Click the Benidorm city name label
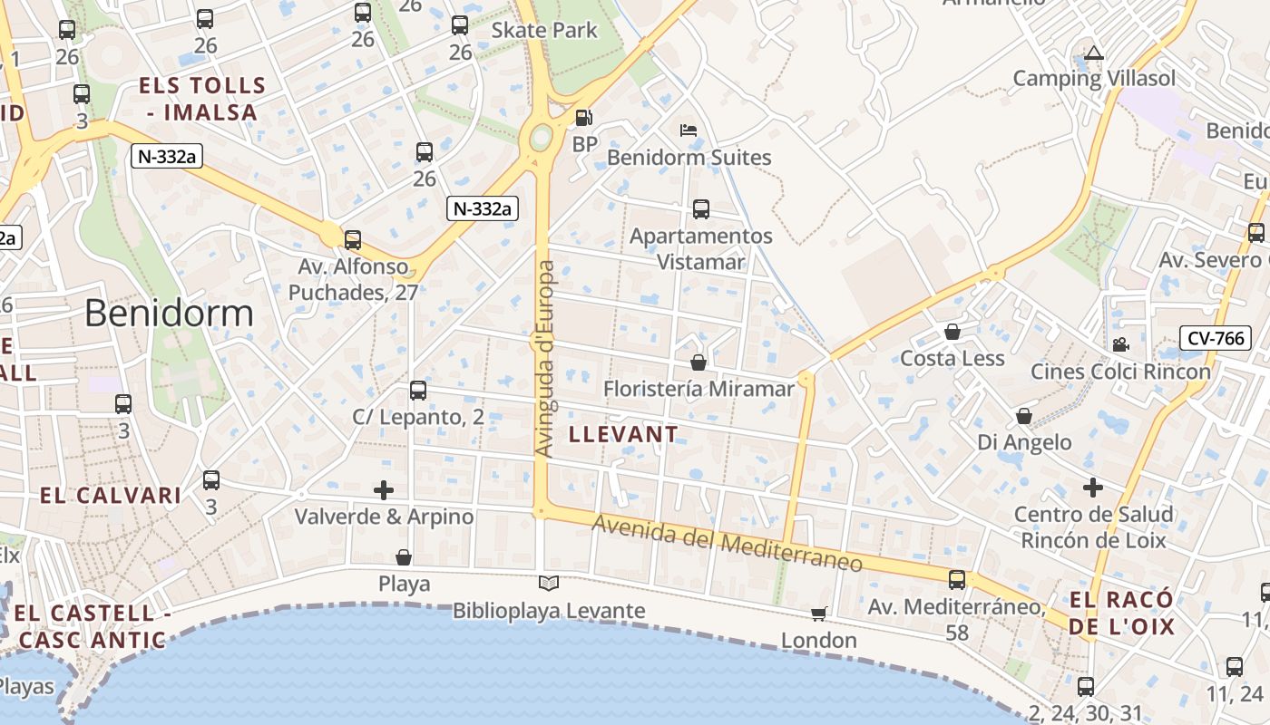pos(169,313)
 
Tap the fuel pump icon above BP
pos(584,118)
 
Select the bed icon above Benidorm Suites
pos(689,130)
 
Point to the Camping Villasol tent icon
pos(1094,53)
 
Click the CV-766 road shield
pos(1216,339)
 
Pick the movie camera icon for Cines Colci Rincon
pos(1120,344)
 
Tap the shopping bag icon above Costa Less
pos(952,332)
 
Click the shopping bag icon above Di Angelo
pos(1024,416)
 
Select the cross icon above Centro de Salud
pos(1093,488)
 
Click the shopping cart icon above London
pos(819,614)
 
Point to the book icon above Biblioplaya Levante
pos(549,584)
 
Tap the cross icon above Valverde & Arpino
pos(384,490)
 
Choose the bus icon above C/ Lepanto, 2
pos(418,391)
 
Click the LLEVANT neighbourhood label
pos(623,434)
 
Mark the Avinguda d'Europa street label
pos(544,359)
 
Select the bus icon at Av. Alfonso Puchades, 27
pos(353,240)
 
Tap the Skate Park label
pos(544,30)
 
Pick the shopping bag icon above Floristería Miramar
pos(698,362)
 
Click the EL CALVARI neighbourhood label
pos(111,496)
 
